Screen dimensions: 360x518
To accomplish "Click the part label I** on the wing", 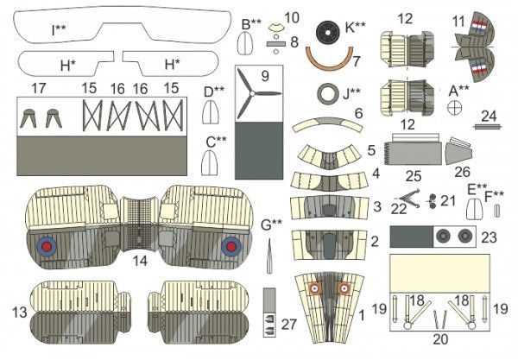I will pyautogui.click(x=59, y=29).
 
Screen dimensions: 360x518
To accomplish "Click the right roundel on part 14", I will pyautogui.click(x=231, y=247).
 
